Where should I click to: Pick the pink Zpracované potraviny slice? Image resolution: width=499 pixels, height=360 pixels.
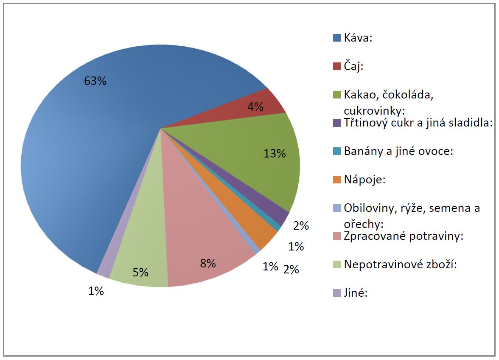click(x=204, y=246)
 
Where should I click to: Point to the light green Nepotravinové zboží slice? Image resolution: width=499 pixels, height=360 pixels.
click(x=140, y=263)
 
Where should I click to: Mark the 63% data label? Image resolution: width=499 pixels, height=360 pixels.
click(x=95, y=81)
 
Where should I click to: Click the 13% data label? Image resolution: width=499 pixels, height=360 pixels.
click(x=275, y=154)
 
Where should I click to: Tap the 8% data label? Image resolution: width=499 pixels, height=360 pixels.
click(x=207, y=263)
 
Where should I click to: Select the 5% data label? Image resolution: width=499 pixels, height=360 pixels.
click(x=140, y=272)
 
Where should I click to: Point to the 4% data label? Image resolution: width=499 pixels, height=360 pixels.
click(x=255, y=107)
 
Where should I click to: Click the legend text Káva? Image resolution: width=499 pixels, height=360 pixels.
click(x=358, y=38)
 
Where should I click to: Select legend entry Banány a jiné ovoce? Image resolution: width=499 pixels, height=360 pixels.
click(x=399, y=151)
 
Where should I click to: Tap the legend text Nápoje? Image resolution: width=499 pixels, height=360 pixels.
click(x=364, y=180)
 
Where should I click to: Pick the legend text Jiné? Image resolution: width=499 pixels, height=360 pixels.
click(x=356, y=293)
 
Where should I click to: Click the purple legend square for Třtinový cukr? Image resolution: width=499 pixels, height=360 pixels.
click(x=337, y=123)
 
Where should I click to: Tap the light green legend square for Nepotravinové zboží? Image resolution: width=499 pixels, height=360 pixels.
click(x=337, y=264)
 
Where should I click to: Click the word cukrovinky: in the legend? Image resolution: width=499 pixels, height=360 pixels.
click(x=375, y=111)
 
